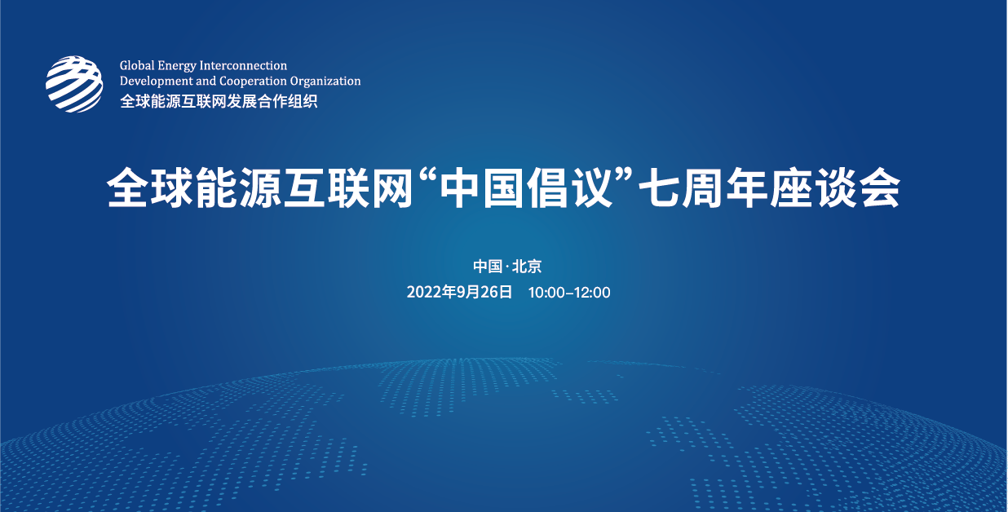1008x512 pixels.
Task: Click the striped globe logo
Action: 74,84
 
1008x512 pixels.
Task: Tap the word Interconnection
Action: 243,66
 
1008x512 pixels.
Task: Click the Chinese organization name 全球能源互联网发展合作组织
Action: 219,101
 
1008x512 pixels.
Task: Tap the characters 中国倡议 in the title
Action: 526,188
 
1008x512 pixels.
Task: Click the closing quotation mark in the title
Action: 625,174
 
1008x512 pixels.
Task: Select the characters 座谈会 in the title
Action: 835,188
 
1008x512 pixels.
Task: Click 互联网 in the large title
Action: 348,188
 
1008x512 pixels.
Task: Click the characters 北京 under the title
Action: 527,267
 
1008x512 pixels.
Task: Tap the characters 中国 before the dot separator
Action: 488,267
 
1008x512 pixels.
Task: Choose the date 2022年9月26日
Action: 459,293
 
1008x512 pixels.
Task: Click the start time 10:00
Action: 546,293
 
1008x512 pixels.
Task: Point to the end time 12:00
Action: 592,293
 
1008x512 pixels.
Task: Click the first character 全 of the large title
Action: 128,188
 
